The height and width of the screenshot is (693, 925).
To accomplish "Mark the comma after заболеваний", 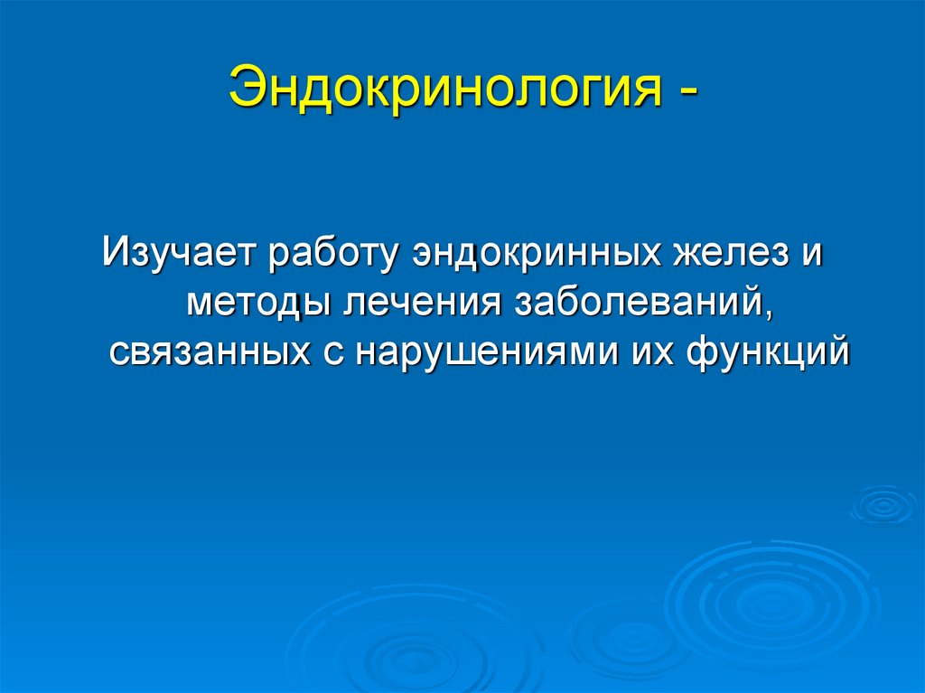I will coord(770,313).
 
